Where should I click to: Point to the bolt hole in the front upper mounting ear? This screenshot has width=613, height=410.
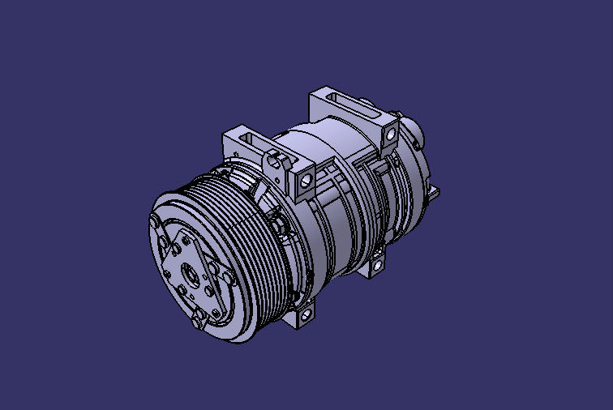pyautogui.click(x=306, y=180)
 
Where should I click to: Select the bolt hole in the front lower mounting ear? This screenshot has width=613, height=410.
pyautogui.click(x=305, y=316)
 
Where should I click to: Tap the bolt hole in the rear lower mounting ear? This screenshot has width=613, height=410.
pyautogui.click(x=377, y=264)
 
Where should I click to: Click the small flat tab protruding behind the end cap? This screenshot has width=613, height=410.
pyautogui.click(x=436, y=192)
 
